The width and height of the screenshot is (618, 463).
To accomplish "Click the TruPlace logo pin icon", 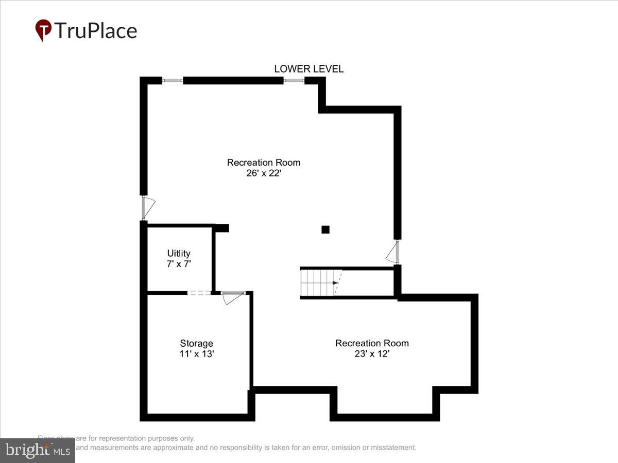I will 43,30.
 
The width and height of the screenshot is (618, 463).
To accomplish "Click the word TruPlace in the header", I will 96,30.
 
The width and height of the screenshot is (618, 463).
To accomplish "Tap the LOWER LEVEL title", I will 308,69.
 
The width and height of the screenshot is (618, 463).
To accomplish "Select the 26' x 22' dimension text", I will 264,173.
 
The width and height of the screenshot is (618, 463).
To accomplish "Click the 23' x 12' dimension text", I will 372,354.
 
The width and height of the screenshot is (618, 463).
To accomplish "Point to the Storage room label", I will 196,343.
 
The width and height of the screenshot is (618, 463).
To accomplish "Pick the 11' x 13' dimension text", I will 196,354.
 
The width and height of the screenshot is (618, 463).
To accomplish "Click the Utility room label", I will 179,253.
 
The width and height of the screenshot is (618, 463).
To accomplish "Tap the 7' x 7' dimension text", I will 179,263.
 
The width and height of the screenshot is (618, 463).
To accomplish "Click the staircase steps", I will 317,282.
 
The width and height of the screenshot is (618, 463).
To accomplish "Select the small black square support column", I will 325,229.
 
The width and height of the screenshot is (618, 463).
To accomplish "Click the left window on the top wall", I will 173,81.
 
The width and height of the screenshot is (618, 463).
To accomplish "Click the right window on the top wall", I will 294,81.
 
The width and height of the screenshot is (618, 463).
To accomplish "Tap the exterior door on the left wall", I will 147,208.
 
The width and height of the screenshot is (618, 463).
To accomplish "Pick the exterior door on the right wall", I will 394,252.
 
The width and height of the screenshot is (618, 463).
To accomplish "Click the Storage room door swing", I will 232,297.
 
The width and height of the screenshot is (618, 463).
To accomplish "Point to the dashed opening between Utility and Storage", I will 199,293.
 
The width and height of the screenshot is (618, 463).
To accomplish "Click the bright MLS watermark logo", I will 37,451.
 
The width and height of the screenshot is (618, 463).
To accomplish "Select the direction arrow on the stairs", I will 335,283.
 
